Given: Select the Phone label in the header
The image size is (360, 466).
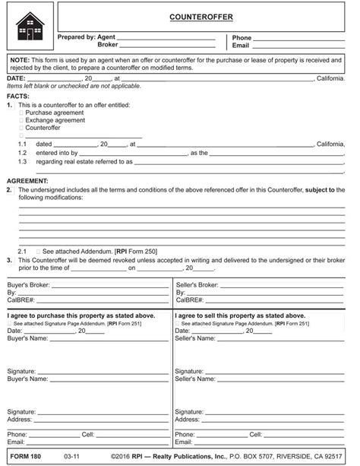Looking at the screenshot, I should tap(242, 37).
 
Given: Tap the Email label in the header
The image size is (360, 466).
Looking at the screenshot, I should tap(241, 46).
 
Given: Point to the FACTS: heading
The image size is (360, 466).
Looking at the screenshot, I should tap(18, 97).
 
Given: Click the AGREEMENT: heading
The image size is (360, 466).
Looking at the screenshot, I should tap(27, 180).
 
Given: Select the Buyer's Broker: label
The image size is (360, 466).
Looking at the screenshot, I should tap(28, 284).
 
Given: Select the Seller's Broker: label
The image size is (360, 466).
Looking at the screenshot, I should tap(197, 284).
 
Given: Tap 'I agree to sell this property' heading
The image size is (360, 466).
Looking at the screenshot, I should tap(240, 315).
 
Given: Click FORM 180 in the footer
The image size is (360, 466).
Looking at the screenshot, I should tap(24, 458).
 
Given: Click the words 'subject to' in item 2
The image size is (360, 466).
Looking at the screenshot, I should tap(324, 189).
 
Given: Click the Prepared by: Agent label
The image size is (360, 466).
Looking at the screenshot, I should tap(87, 37).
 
